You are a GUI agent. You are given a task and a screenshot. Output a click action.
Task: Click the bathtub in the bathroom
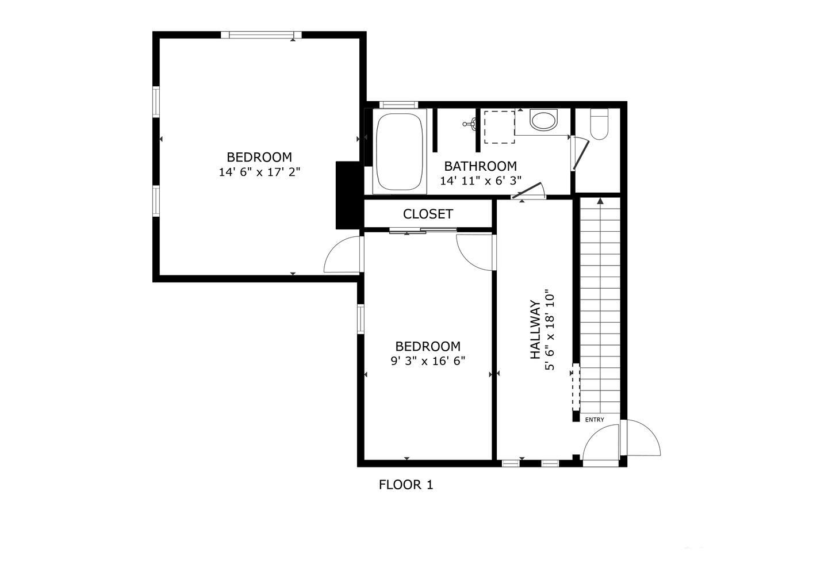pyautogui.click(x=400, y=152)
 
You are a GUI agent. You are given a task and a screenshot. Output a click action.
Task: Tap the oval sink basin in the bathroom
pyautogui.click(x=543, y=121)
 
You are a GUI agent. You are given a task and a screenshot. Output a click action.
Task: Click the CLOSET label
pyautogui.click(x=428, y=214)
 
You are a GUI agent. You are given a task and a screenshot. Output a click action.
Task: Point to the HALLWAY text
pyautogui.click(x=535, y=330)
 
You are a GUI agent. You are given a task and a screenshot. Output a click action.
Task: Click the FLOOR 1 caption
pyautogui.click(x=406, y=485)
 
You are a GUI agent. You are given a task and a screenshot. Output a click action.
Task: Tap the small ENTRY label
pyautogui.click(x=595, y=420)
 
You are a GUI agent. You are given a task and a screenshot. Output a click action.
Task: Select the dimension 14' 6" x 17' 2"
pyautogui.click(x=259, y=171)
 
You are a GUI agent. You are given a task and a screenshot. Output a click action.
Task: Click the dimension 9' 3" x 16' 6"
pyautogui.click(x=427, y=361)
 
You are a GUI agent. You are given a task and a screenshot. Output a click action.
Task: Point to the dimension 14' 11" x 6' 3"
pyautogui.click(x=481, y=180)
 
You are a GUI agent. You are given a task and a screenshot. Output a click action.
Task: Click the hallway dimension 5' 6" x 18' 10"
pyautogui.click(x=550, y=330)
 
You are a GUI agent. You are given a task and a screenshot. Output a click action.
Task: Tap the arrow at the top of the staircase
pyautogui.click(x=600, y=201)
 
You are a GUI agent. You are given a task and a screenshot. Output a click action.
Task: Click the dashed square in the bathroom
pyautogui.click(x=498, y=127)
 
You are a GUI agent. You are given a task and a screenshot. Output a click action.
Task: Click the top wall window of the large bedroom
pyautogui.click(x=261, y=35)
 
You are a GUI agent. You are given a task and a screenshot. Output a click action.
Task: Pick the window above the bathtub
pyautogui.click(x=398, y=104)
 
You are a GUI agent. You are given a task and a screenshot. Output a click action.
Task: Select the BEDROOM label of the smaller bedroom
pyautogui.click(x=427, y=347)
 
